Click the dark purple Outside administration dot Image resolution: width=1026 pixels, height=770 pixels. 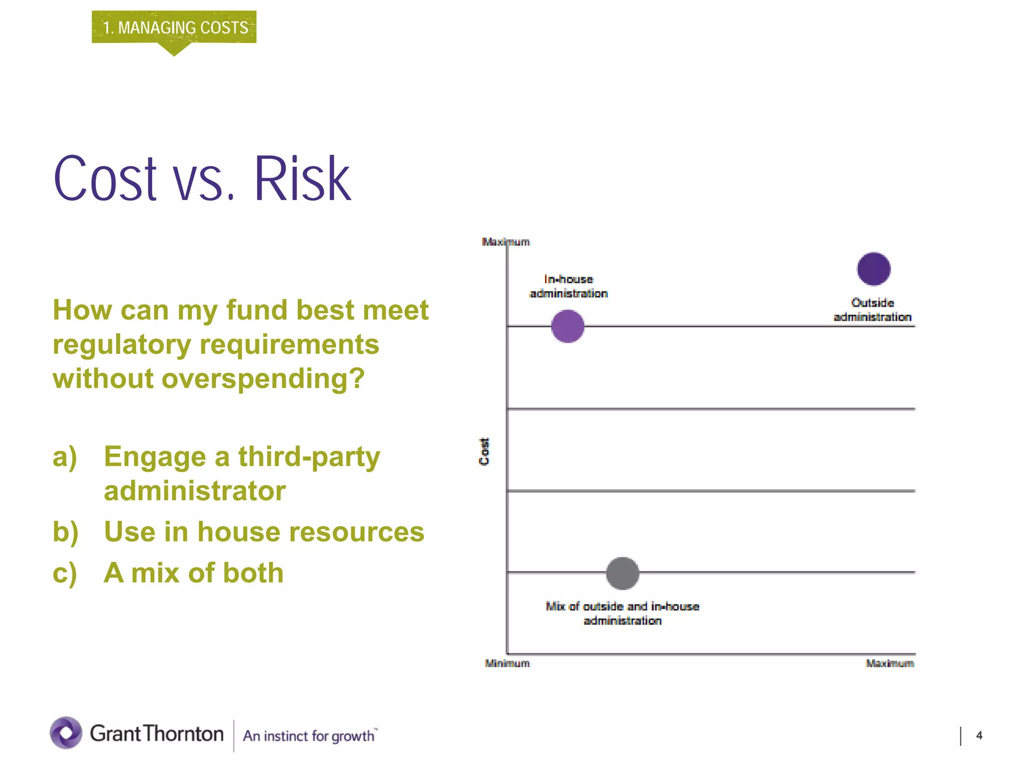[x=873, y=269]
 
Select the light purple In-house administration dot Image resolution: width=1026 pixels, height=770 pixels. [x=568, y=326]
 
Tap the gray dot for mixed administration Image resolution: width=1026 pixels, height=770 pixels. [x=622, y=573]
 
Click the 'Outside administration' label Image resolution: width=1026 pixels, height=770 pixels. [x=872, y=310]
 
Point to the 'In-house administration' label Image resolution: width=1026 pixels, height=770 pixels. [x=569, y=286]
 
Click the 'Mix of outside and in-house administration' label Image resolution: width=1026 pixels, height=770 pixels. [x=622, y=613]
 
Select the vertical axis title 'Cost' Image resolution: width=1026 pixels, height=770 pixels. [x=484, y=451]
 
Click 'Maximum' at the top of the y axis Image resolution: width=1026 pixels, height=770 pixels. [x=505, y=242]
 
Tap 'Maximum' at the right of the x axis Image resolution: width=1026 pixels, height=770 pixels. [x=890, y=663]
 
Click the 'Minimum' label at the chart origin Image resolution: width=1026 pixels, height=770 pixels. [x=507, y=663]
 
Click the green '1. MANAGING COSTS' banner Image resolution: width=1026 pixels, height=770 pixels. [x=174, y=27]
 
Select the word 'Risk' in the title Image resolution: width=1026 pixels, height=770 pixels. [x=302, y=179]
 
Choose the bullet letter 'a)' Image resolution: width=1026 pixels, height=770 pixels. [x=65, y=457]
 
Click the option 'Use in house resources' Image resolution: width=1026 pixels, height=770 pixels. [x=264, y=532]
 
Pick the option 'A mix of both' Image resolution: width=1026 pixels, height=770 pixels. [x=193, y=573]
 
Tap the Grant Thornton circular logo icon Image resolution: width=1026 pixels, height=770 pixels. [x=66, y=733]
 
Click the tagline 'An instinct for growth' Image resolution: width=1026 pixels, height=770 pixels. [x=309, y=736]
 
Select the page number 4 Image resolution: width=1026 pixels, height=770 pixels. [x=979, y=735]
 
